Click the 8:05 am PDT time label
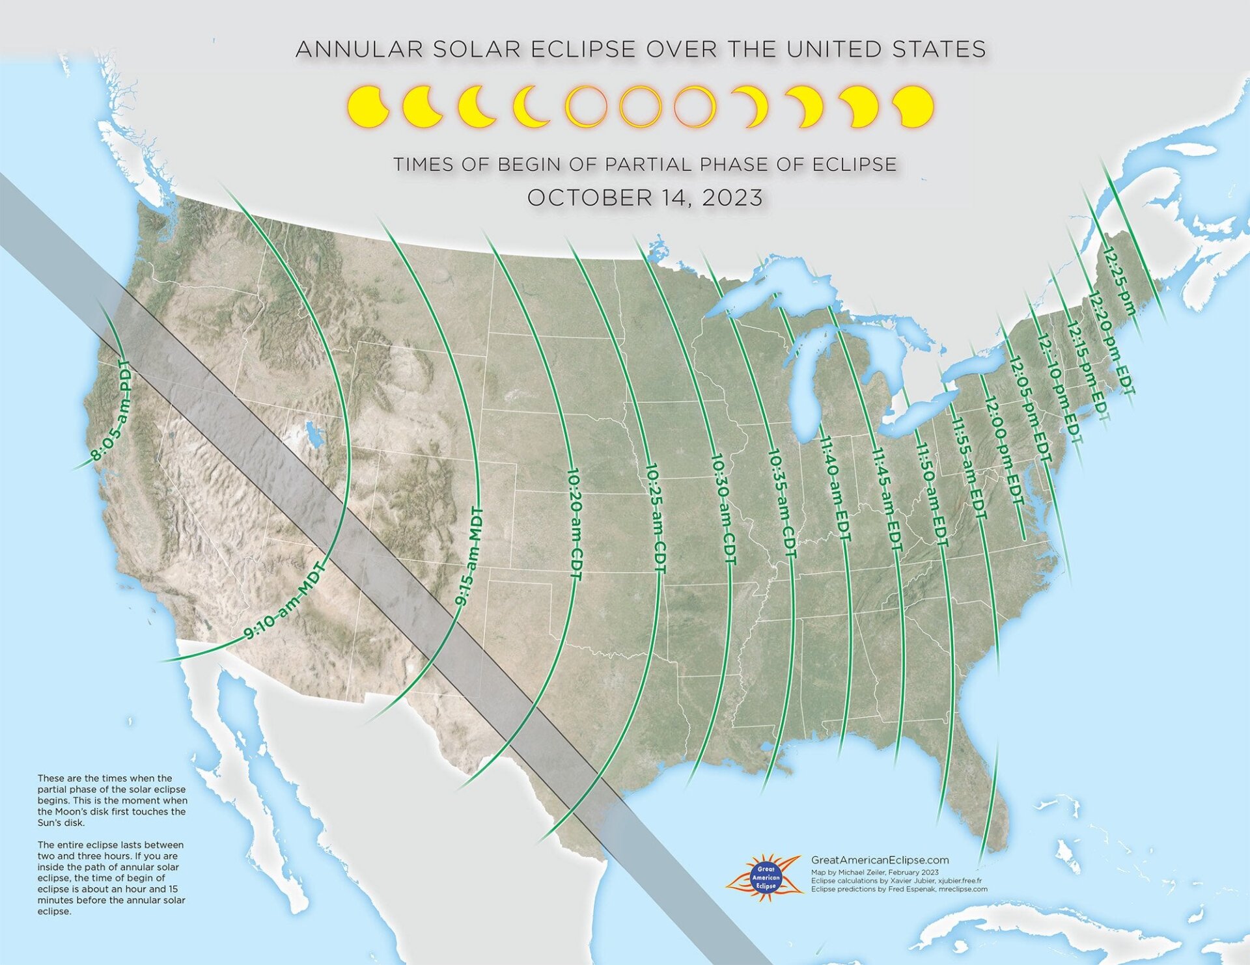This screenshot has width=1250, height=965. pos(112,411)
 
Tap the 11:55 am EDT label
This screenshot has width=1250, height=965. pos(969,467)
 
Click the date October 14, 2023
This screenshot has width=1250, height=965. pos(645,198)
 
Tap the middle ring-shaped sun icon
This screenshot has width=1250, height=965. pos(641,106)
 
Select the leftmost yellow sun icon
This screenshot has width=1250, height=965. pos(368,106)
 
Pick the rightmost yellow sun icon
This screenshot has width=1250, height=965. pos(913,106)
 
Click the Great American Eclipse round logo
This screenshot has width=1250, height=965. pos(766,877)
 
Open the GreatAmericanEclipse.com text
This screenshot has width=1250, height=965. pos(880,860)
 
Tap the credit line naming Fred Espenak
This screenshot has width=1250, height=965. pos(898,889)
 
